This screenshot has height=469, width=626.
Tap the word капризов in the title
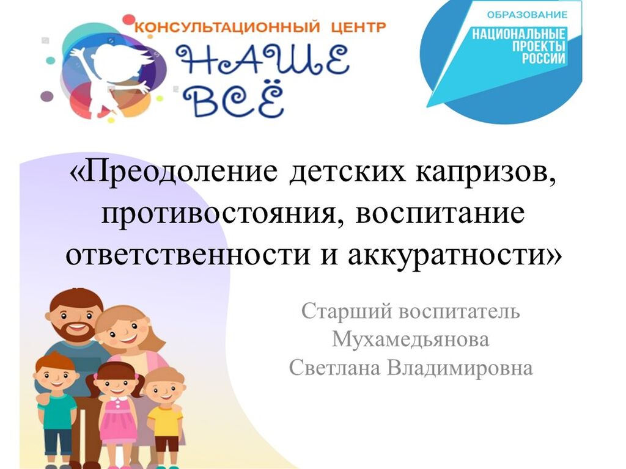pyautogui.click(x=485, y=173)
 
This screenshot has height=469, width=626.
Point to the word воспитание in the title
pyautogui.click(x=440, y=214)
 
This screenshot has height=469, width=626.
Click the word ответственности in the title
pyautogui.click(x=188, y=255)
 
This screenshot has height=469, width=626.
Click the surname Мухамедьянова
pyautogui.click(x=411, y=340)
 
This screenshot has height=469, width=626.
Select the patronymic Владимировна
pyautogui.click(x=460, y=368)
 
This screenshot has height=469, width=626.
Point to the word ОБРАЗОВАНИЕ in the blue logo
pyautogui.click(x=527, y=15)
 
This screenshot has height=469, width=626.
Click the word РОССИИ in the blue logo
pyautogui.click(x=543, y=58)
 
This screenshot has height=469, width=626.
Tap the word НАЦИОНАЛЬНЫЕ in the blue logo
pyautogui.click(x=519, y=34)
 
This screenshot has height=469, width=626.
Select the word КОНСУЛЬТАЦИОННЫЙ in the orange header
pyautogui.click(x=227, y=27)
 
